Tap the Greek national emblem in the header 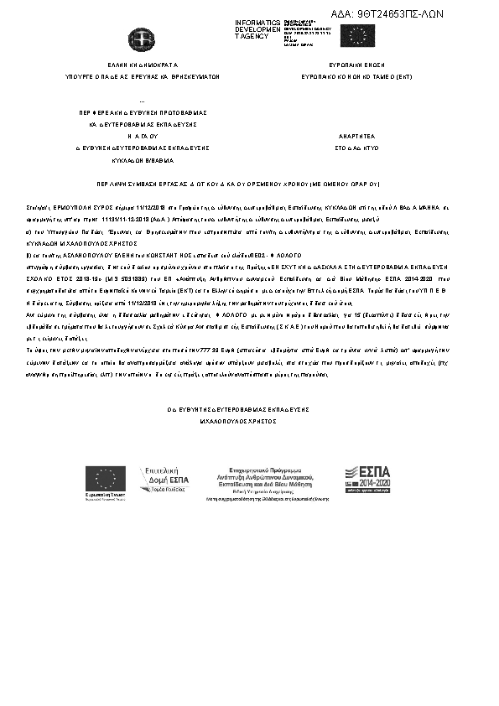coord(137,39)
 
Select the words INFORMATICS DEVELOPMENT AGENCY coord(257,29)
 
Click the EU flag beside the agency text coord(356,35)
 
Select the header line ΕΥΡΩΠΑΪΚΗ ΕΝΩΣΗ coord(355,64)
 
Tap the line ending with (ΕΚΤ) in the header coord(355,75)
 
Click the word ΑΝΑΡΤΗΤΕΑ coord(355,134)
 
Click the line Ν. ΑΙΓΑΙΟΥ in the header coord(142,134)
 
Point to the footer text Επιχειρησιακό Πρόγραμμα coord(264,472)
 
